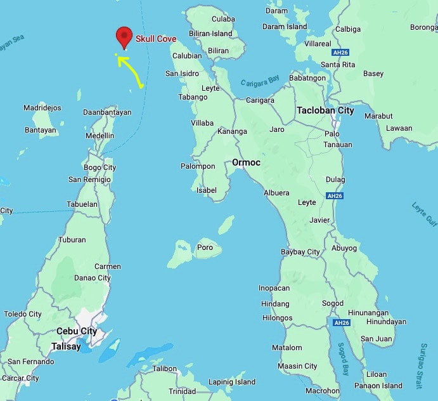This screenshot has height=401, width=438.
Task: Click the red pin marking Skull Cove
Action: (124, 37)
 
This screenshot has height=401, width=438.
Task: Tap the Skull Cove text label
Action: (156, 39)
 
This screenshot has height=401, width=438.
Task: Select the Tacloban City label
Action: (325, 110)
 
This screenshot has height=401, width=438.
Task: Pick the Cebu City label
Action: (77, 331)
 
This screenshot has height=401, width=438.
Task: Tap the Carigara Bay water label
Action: (260, 82)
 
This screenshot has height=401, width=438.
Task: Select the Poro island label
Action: (205, 247)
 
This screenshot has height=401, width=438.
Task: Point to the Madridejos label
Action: (42, 108)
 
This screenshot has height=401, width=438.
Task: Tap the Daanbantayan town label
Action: (107, 112)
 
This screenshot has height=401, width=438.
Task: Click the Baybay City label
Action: (300, 252)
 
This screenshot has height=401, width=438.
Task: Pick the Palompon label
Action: (198, 166)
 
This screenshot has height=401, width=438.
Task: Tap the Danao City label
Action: (92, 278)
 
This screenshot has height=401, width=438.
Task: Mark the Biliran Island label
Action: (210, 34)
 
